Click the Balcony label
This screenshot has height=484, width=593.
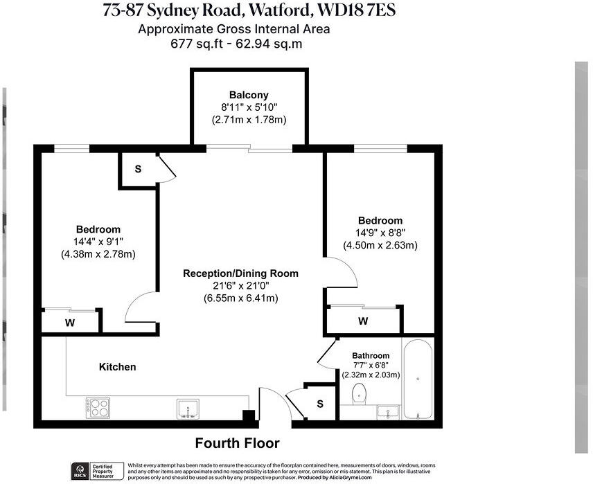click(249, 95)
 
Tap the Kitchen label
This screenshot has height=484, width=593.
click(117, 366)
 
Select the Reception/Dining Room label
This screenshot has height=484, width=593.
click(240, 274)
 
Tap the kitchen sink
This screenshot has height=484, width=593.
click(188, 408)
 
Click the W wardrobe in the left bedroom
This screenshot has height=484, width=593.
click(70, 321)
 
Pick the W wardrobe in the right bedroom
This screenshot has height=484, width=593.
click(363, 321)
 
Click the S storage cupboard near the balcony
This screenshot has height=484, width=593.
click(138, 170)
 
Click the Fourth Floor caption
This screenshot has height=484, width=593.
click(237, 443)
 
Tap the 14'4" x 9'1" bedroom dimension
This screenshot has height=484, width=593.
click(98, 242)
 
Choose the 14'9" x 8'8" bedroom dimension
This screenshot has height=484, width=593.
click(380, 233)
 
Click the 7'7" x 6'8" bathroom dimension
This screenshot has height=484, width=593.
click(371, 365)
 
